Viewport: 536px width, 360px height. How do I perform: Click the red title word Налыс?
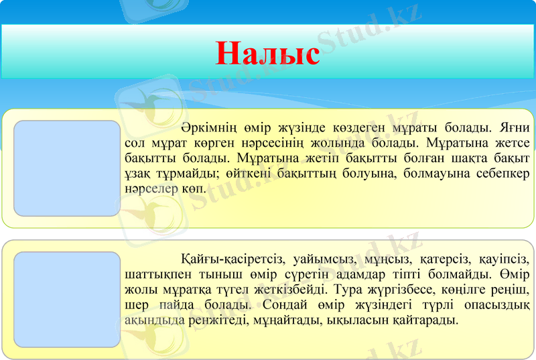click(x=267, y=53)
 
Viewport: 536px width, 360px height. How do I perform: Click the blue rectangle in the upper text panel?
click(x=66, y=168)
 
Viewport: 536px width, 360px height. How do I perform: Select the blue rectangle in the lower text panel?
click(x=66, y=299)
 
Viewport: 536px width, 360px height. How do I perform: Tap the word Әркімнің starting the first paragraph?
click(x=205, y=127)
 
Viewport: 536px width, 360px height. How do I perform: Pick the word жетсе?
click(x=514, y=143)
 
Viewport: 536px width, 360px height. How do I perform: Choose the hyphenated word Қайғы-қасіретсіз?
click(x=228, y=259)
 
